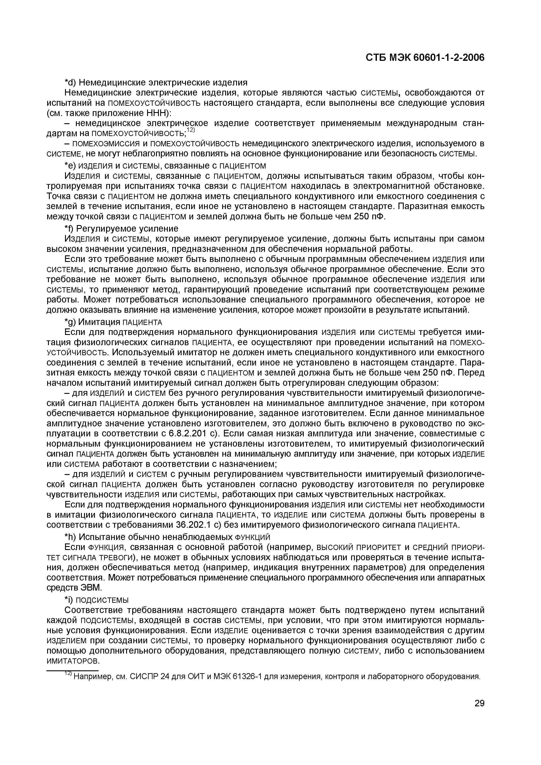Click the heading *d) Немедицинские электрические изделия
(x=156, y=82)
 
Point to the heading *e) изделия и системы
(x=165, y=166)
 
